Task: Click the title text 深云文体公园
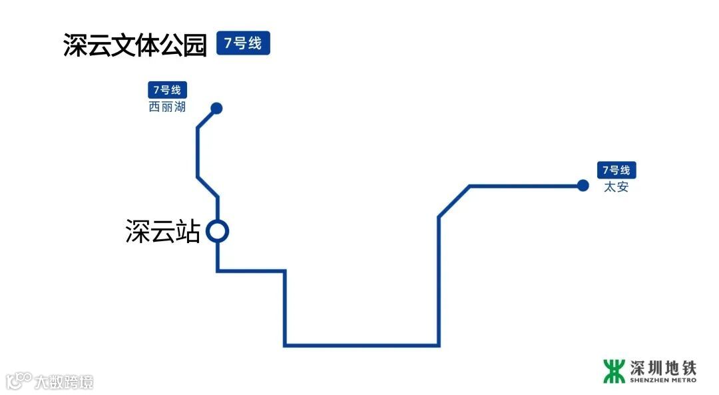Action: (135, 45)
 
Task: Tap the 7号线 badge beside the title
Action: (243, 44)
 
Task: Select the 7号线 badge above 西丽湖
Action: (167, 90)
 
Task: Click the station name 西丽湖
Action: (167, 107)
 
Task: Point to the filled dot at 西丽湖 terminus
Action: (216, 108)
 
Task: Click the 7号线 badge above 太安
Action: (616, 170)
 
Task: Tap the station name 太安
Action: (616, 187)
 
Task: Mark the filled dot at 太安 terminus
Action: (583, 185)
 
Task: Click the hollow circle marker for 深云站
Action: (218, 231)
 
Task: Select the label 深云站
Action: (162, 232)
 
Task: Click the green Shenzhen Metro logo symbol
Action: (614, 371)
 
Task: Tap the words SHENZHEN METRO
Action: (663, 380)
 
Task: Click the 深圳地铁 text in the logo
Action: (663, 367)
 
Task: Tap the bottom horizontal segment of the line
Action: (361, 346)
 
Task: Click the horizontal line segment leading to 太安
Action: (526, 186)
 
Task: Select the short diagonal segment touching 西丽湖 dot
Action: (206, 117)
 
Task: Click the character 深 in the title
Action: (76, 45)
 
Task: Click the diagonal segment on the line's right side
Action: (454, 201)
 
